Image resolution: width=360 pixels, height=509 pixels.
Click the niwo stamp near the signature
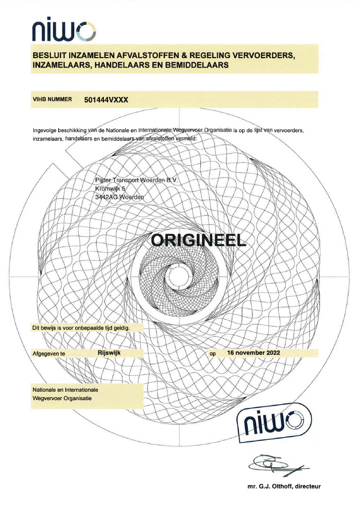[275, 424]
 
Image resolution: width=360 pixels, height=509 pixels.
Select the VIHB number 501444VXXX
[106, 99]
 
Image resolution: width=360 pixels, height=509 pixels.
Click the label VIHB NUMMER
[52, 99]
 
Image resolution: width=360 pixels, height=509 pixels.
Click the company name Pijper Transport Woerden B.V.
[137, 180]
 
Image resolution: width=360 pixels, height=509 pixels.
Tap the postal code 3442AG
[106, 197]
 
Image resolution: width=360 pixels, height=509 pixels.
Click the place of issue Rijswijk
[109, 352]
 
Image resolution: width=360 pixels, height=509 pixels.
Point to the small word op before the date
[213, 354]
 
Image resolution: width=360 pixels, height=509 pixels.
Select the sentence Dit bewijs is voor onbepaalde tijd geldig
[81, 328]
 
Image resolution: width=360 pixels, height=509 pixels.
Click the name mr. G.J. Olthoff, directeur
[284, 486]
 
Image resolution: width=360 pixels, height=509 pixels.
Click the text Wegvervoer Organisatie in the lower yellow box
[62, 398]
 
